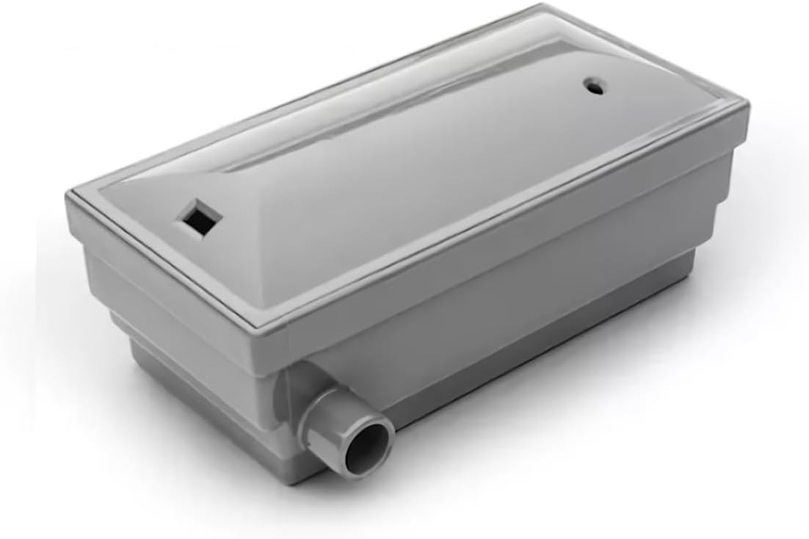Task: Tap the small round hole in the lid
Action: [x=594, y=87]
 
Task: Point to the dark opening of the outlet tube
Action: [x=369, y=446]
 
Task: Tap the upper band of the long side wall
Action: [x=514, y=242]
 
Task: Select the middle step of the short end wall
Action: [x=184, y=345]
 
